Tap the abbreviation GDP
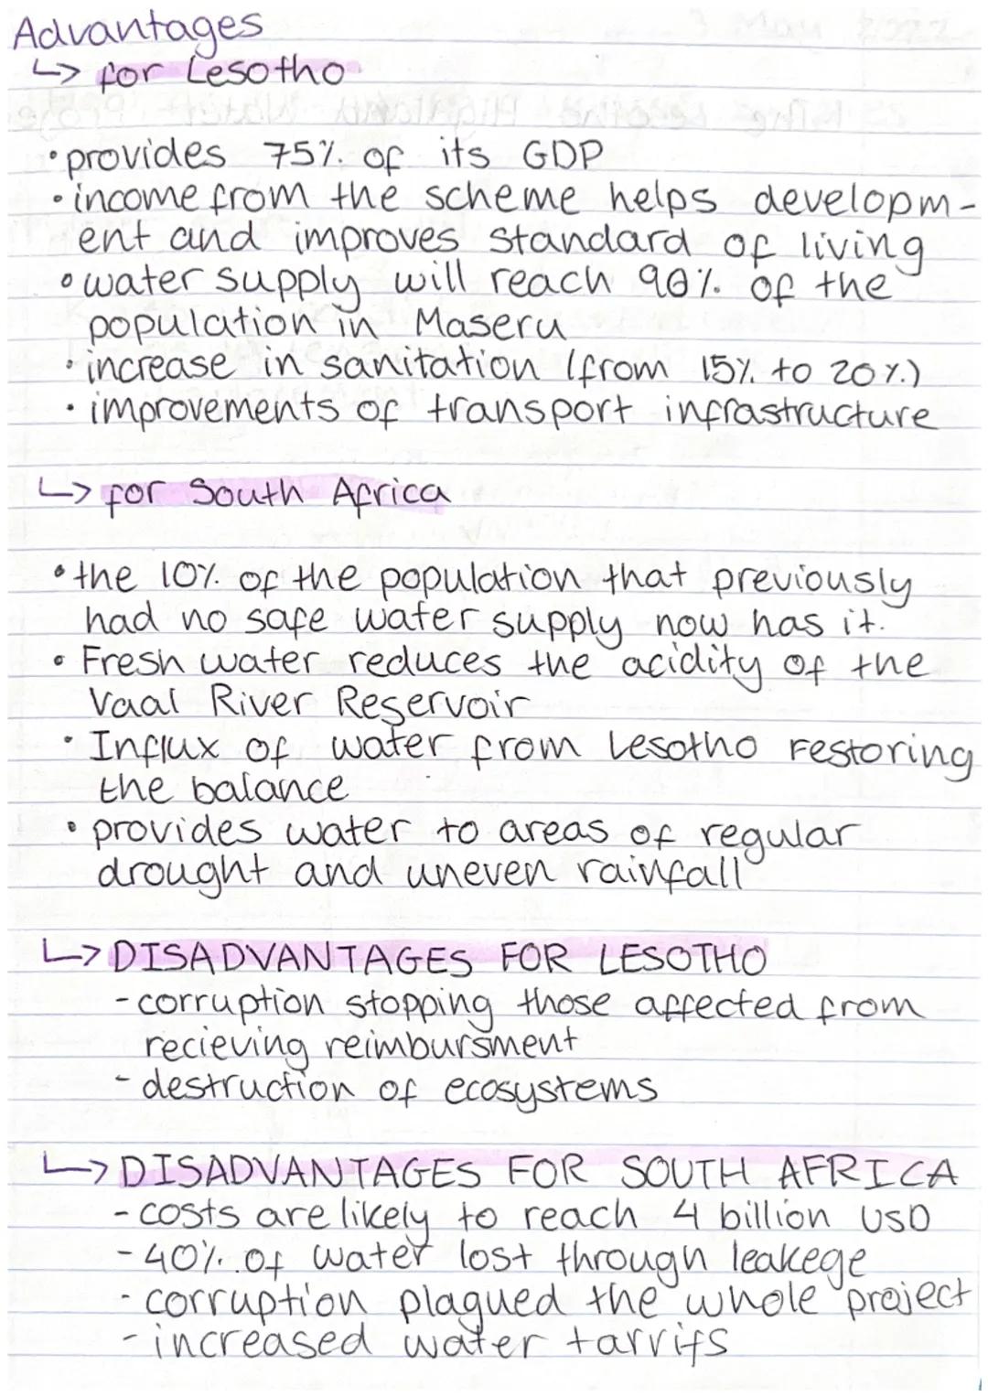pyautogui.click(x=562, y=156)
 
